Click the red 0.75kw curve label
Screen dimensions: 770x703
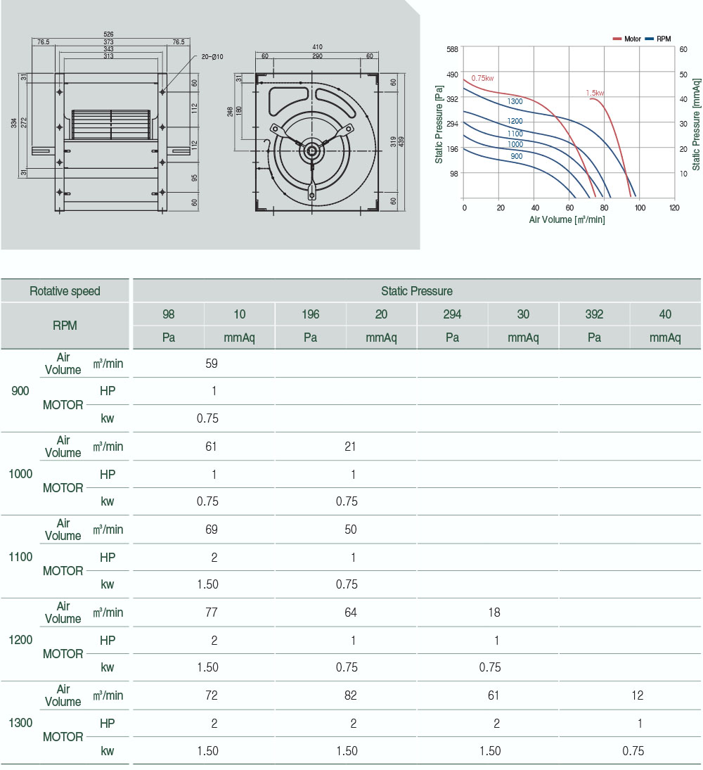click(482, 78)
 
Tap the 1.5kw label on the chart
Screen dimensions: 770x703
click(595, 93)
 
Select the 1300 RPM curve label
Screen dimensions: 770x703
click(515, 102)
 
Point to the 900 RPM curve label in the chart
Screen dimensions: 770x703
click(516, 156)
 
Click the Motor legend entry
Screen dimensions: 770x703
click(627, 39)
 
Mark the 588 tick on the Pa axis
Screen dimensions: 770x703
click(452, 49)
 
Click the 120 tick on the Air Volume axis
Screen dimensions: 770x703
click(674, 208)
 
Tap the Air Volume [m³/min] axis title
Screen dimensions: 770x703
click(567, 219)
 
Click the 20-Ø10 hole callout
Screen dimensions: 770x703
click(212, 57)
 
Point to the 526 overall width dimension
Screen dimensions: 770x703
click(108, 34)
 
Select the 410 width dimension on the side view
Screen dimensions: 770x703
click(317, 49)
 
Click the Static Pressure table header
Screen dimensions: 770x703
click(417, 291)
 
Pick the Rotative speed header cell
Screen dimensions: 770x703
click(65, 291)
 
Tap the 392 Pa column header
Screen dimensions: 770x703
click(594, 314)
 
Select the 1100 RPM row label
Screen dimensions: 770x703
click(20, 557)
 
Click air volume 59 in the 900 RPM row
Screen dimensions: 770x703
click(212, 364)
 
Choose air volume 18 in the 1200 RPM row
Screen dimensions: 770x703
click(494, 612)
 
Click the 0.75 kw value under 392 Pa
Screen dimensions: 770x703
click(633, 750)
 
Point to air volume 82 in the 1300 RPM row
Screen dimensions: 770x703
click(350, 695)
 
